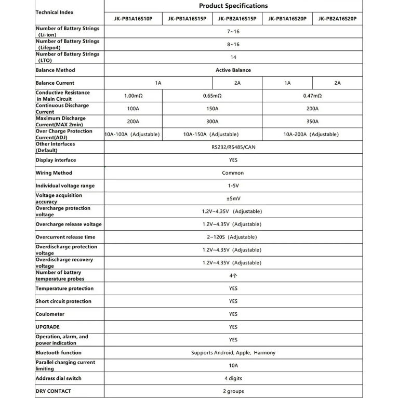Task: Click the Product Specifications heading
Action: tap(233, 6)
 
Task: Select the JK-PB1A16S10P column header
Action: tap(133, 19)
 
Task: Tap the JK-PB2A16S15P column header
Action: tap(237, 19)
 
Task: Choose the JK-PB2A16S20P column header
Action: tap(337, 19)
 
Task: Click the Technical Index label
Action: tap(55, 12)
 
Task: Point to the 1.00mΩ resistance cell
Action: tap(133, 96)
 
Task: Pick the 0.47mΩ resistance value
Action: tap(312, 96)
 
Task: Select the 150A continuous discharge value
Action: tap(212, 109)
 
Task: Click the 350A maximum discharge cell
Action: tap(312, 122)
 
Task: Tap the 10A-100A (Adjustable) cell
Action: tap(132, 134)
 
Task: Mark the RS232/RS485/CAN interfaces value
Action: tap(233, 147)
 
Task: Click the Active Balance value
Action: tap(233, 70)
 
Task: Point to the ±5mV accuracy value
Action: tap(233, 198)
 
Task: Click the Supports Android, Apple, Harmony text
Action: tap(233, 353)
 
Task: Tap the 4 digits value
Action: tap(233, 378)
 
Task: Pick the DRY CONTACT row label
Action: tap(53, 391)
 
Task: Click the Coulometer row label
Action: tap(50, 314)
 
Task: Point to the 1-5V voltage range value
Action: tap(233, 185)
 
